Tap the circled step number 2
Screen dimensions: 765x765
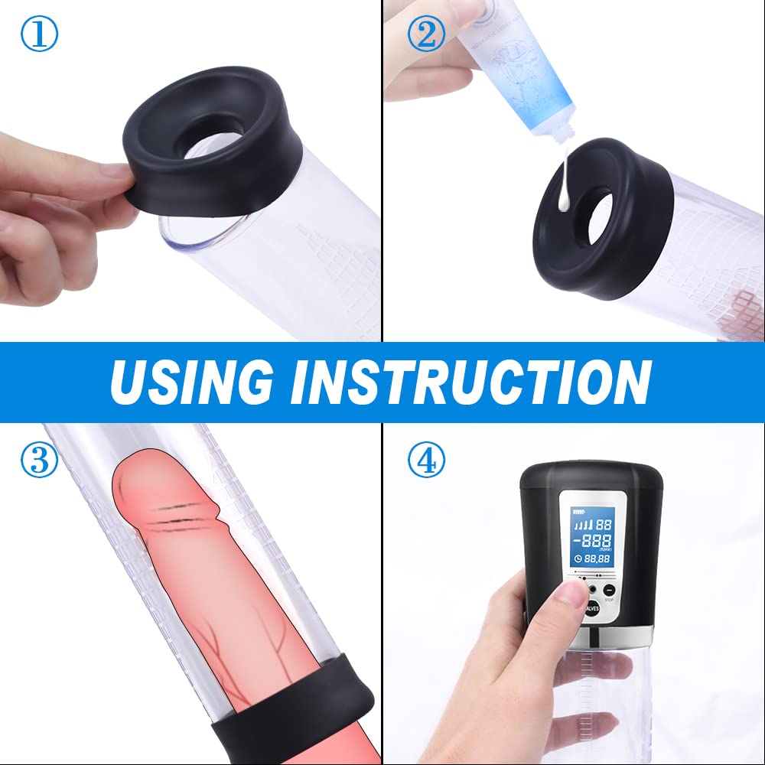click(x=427, y=34)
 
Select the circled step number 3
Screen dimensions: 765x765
click(x=38, y=462)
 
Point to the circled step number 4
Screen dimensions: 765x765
click(x=427, y=462)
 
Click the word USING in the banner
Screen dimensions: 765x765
click(x=191, y=380)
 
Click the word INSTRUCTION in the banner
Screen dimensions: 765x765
click(x=467, y=380)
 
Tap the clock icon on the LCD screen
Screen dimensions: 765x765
click(x=578, y=558)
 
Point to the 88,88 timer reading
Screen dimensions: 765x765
click(x=598, y=558)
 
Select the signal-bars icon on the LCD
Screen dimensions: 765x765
click(x=583, y=526)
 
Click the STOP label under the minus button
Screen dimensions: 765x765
click(x=609, y=601)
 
